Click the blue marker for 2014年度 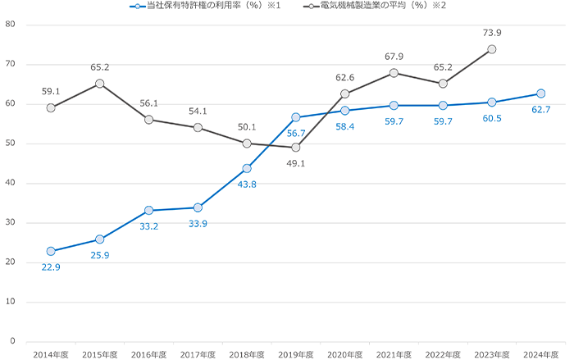51,251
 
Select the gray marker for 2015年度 99,84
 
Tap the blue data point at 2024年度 540,93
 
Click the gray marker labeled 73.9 491,49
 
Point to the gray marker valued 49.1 295,148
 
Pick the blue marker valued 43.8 246,168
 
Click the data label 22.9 51,267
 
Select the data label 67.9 393,57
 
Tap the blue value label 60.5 491,118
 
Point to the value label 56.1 148,103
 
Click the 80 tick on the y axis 11,25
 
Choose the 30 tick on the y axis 11,223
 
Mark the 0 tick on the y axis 13,341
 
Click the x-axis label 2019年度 295,354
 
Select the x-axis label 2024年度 540,354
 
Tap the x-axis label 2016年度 148,354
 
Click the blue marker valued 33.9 198,207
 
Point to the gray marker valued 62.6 344,94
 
